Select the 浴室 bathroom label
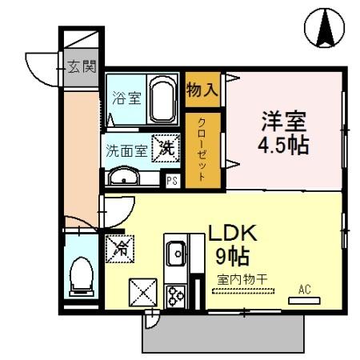click(x=126, y=99)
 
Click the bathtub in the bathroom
click(x=164, y=99)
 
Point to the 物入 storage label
click(x=202, y=89)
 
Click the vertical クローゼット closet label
click(x=202, y=151)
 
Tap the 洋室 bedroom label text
click(x=283, y=125)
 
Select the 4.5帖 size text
click(x=283, y=146)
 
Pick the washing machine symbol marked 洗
click(x=165, y=146)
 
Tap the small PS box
click(x=171, y=180)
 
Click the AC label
click(x=304, y=289)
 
